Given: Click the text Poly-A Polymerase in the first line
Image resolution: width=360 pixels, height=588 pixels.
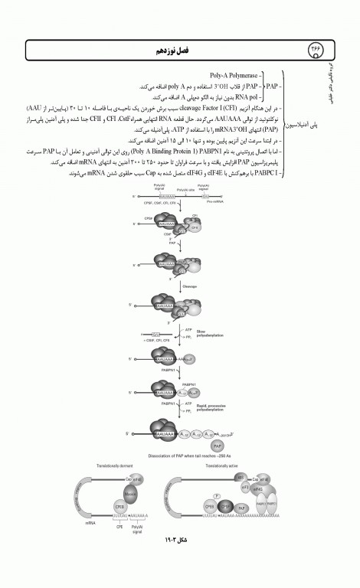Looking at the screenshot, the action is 234,77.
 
